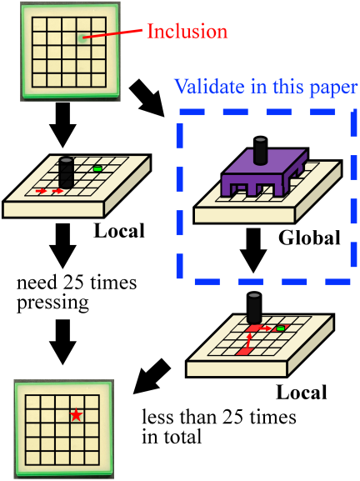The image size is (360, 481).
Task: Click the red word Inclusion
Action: click(x=187, y=32)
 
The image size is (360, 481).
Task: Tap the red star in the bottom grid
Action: click(x=76, y=415)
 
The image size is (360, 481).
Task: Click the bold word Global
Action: click(x=309, y=238)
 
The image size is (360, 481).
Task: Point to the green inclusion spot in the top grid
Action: click(x=82, y=38)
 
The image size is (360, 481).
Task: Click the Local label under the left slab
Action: click(x=119, y=230)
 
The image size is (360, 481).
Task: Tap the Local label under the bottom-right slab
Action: click(x=302, y=392)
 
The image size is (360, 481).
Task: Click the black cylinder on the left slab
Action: click(x=66, y=173)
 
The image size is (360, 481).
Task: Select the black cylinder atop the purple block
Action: click(x=261, y=150)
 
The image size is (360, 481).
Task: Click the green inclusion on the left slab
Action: click(x=97, y=168)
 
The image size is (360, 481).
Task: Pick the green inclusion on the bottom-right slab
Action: click(x=280, y=328)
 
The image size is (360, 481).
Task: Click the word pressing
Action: click(x=52, y=303)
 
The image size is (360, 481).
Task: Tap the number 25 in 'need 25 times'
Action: click(x=72, y=283)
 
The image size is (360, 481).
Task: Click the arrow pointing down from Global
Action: click(x=253, y=250)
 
